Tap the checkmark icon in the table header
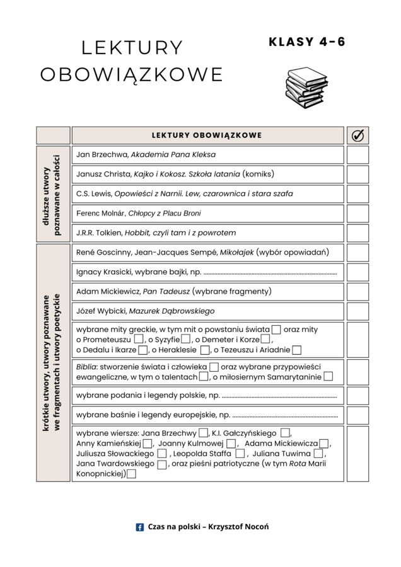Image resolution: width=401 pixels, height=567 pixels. coord(357,135)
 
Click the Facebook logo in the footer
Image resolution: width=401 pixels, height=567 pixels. coord(140,527)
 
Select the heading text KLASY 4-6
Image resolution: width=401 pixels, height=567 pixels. coord(307,42)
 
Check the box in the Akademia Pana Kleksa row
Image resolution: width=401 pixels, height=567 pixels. coord(357,155)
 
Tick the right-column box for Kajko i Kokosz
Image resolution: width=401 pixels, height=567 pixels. coord(357,175)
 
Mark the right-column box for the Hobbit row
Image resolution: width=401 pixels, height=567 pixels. coord(357,233)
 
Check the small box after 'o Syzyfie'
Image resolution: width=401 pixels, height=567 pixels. coord(185,340)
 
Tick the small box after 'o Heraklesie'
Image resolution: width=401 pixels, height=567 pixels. coord(205,350)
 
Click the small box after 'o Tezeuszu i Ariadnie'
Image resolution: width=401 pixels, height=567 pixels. coord(296,350)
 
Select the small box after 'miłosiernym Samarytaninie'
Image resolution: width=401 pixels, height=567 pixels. coord(328,377)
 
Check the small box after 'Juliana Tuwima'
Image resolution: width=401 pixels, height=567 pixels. coord(318,453)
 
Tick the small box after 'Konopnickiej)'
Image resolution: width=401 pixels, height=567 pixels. coord(131,474)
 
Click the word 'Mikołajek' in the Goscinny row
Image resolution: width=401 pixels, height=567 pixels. coord(236,253)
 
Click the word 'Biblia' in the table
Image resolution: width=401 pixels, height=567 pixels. coord(86,366)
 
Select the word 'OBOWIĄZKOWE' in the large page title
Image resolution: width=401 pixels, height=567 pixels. coord(132,74)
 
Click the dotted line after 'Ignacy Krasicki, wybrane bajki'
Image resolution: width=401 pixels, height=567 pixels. coord(270,273)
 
